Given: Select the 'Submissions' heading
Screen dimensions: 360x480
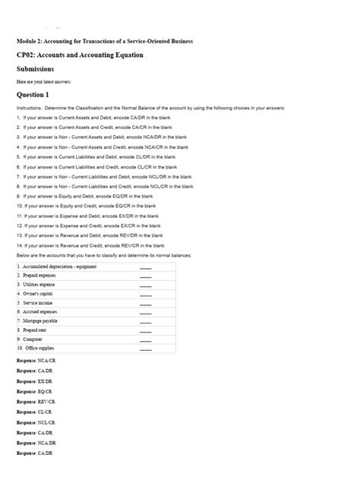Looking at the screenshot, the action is [x=35, y=68].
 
